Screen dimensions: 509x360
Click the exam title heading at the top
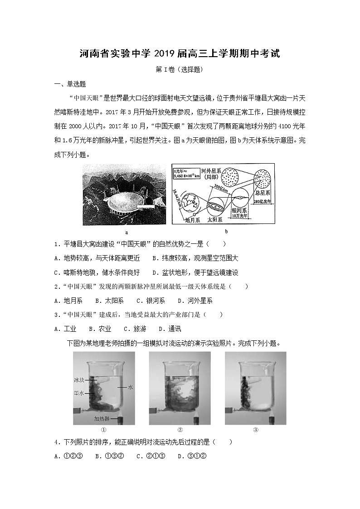(180, 54)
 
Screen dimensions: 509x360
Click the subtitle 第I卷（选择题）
(180, 70)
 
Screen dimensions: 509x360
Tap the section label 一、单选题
(70, 84)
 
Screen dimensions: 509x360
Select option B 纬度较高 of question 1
(195, 258)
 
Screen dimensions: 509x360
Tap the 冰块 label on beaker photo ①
(80, 379)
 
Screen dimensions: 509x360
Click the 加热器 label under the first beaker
(101, 418)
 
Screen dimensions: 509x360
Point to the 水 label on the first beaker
(130, 388)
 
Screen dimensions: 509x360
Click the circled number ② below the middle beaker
(180, 430)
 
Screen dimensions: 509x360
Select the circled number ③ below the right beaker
(255, 430)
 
